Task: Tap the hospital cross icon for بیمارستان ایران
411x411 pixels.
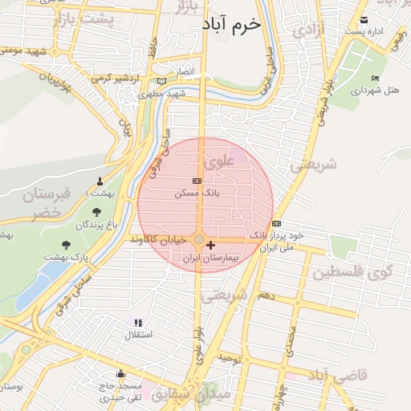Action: [x=210, y=245]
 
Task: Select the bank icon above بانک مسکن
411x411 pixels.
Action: [x=197, y=182]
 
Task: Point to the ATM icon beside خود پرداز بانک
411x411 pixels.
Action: [x=276, y=223]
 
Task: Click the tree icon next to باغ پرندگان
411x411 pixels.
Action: [x=97, y=213]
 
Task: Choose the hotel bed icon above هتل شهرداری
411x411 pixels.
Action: [x=375, y=78]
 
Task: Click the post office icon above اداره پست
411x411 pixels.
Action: [x=364, y=19]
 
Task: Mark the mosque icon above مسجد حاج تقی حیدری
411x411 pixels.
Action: [x=120, y=373]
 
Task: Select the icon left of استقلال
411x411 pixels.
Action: [x=136, y=322]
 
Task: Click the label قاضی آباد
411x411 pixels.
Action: [x=339, y=376]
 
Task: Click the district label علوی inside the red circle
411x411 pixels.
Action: [x=218, y=163]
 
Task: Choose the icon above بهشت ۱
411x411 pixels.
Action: [x=100, y=181]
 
